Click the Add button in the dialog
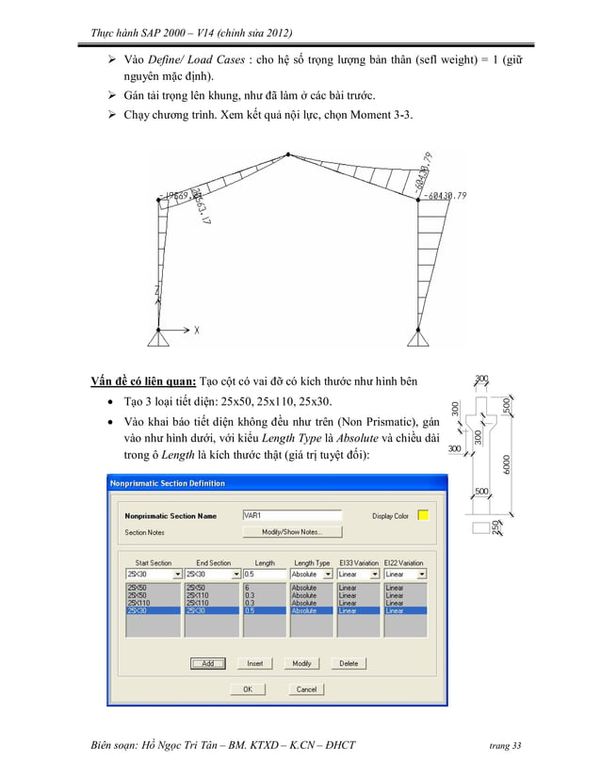[207, 663]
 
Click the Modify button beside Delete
[301, 663]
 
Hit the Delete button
[349, 663]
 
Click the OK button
[248, 689]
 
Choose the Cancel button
[306, 689]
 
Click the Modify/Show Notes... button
[291, 531]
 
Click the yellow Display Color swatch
[423, 515]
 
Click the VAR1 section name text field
[291, 515]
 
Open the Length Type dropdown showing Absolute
[310, 574]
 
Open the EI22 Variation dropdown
[404, 574]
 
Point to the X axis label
[197, 331]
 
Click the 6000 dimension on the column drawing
[508, 464]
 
